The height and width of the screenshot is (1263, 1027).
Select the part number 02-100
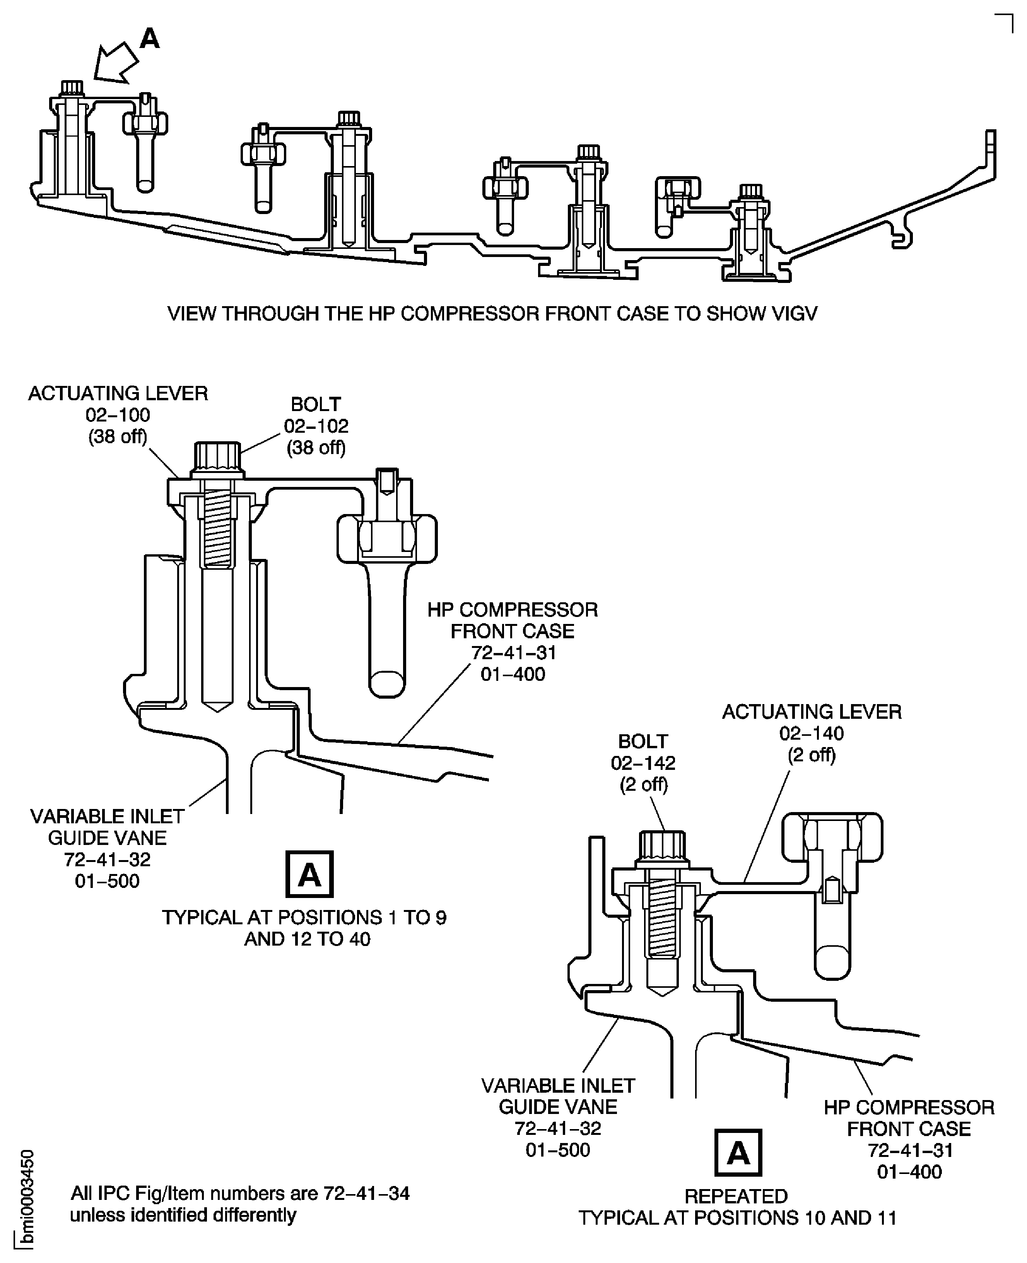point(118,415)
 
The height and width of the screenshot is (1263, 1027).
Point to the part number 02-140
point(811,733)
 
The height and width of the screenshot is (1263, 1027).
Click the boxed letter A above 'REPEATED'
point(738,1152)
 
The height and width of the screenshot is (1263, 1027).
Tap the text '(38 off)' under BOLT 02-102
point(316,447)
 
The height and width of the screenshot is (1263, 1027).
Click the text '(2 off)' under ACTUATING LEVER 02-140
point(811,755)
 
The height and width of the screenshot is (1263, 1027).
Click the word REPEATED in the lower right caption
point(736,1196)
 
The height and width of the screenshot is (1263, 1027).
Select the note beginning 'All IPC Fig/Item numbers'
point(239,1204)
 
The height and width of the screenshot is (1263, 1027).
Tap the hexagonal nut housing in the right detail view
point(832,837)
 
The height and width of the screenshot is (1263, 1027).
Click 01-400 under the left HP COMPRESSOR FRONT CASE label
point(512,674)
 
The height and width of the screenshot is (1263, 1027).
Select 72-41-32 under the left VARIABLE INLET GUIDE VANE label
point(107,859)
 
